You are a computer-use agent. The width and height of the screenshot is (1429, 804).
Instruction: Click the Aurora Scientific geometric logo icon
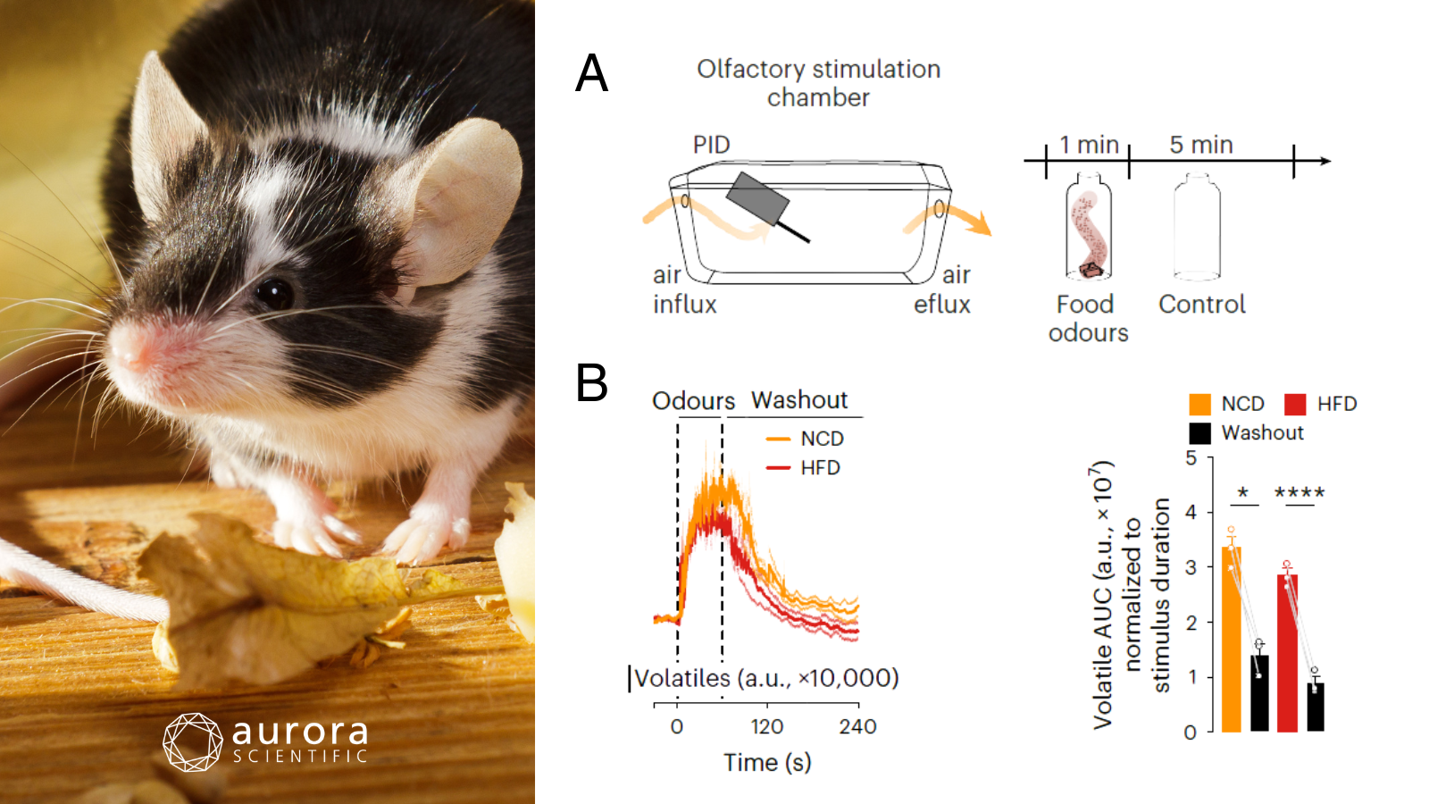point(192,741)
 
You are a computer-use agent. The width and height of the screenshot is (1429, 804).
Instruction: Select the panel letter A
point(591,73)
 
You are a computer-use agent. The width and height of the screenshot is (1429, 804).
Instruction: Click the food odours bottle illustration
point(1089,229)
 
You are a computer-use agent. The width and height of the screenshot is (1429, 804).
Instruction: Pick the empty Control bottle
point(1197,227)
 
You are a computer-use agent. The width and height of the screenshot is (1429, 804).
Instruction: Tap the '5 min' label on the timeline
point(1201,145)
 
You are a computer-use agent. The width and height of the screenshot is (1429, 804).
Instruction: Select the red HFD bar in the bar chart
point(1287,653)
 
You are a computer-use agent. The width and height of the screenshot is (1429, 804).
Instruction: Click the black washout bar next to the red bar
point(1316,708)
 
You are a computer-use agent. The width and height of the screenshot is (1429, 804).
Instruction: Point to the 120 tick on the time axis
point(766,726)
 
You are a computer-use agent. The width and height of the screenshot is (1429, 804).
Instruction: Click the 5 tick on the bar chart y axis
point(1191,458)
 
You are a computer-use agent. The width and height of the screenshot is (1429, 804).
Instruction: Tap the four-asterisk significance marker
point(1299,492)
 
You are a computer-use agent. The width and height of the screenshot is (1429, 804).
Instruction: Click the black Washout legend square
point(1200,433)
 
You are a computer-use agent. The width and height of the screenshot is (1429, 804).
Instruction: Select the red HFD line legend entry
point(803,467)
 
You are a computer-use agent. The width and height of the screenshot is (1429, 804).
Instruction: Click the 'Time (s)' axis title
point(767,762)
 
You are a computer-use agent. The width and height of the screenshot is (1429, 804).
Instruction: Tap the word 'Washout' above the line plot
point(799,400)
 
